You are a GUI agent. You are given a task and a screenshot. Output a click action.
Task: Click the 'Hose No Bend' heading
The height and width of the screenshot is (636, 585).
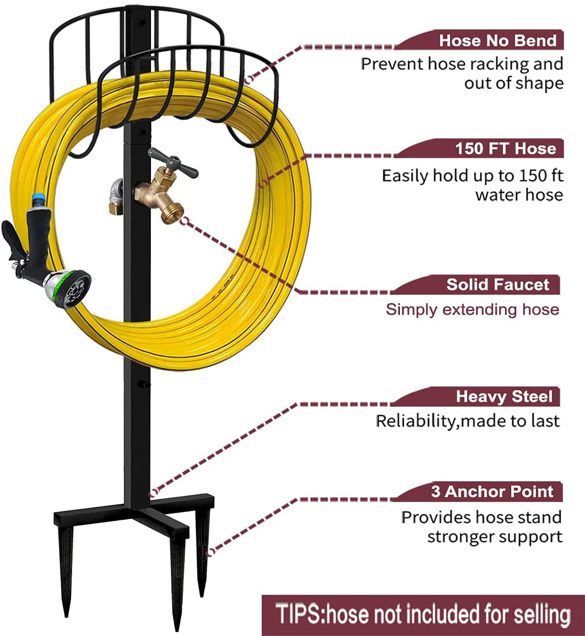(497, 40)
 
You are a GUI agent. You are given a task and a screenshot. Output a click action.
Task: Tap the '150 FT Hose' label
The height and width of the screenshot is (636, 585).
(505, 149)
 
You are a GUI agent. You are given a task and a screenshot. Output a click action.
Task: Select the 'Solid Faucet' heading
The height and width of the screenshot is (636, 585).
(497, 284)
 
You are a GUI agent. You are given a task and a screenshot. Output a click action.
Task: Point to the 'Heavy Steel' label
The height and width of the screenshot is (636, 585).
(503, 396)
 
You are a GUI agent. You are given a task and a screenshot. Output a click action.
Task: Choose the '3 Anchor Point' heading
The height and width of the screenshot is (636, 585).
(491, 491)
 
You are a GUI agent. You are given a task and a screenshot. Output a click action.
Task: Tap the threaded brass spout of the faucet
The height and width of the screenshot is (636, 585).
(172, 211)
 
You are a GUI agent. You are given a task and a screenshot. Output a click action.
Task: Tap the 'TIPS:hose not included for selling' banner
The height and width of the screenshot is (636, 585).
(422, 614)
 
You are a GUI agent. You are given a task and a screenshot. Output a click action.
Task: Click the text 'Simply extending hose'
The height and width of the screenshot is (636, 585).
(472, 309)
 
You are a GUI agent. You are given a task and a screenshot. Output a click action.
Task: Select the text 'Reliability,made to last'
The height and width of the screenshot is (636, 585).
(467, 421)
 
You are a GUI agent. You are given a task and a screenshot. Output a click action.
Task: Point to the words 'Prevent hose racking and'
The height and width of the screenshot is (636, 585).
(462, 64)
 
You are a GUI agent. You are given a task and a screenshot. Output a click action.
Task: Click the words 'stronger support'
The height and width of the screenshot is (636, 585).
(495, 536)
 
